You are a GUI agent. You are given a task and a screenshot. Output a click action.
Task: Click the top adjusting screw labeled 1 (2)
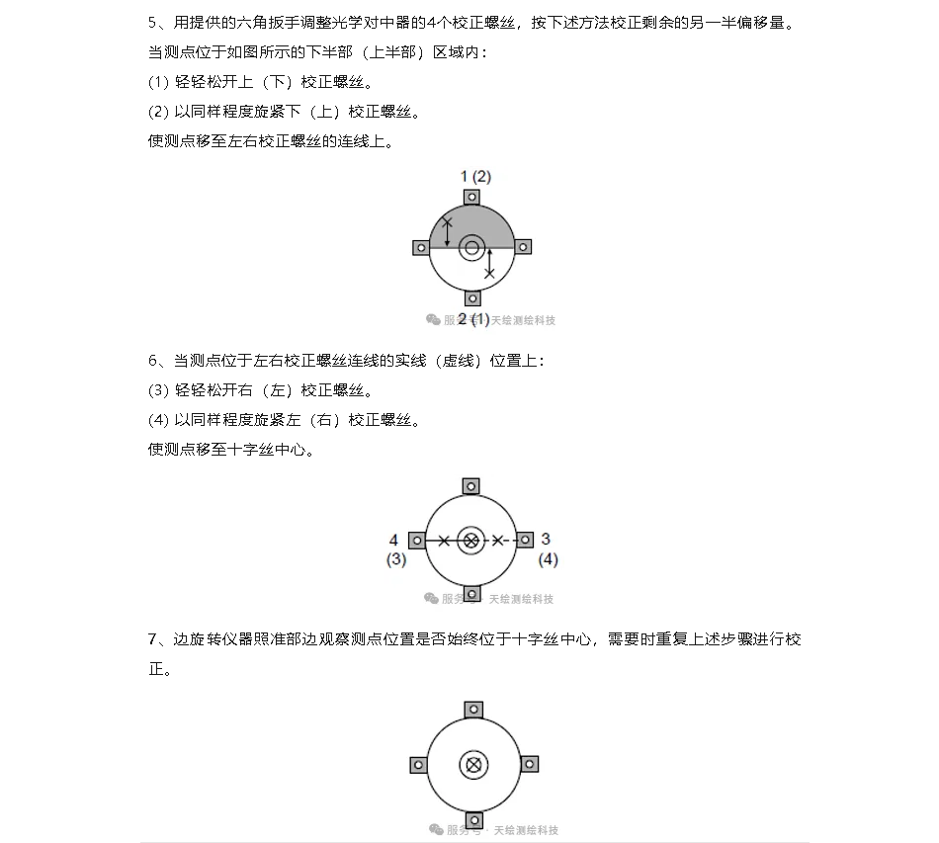tap(472, 197)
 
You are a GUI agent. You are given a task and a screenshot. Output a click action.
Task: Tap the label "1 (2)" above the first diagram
tap(475, 176)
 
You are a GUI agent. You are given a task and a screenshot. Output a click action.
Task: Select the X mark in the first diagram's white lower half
tap(488, 272)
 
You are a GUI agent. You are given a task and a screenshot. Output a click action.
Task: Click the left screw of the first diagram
tap(420, 247)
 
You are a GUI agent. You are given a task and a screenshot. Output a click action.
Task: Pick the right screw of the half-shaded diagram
tap(524, 246)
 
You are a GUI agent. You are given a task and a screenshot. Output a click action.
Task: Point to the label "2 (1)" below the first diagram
tap(473, 318)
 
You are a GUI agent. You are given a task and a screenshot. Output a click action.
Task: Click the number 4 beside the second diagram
tap(393, 540)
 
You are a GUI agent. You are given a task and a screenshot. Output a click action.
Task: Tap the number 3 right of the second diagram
tap(546, 539)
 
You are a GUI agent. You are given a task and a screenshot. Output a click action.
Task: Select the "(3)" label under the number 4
tap(395, 559)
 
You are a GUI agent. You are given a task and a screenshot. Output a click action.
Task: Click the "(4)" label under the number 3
tap(548, 559)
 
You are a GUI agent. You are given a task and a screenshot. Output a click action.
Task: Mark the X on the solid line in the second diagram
tap(444, 540)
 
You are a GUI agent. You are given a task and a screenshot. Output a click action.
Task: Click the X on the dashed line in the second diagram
tap(498, 540)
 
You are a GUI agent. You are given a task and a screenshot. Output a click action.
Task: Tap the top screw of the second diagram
tap(471, 485)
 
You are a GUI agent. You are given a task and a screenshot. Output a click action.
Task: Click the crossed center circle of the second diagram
tap(471, 540)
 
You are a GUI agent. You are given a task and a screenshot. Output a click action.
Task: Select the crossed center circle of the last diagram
tap(473, 764)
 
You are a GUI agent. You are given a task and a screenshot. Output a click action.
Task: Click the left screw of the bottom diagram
tap(418, 764)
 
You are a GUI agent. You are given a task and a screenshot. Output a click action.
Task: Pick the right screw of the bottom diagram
tap(529, 764)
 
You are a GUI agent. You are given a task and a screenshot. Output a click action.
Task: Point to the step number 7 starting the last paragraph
tap(152, 639)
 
